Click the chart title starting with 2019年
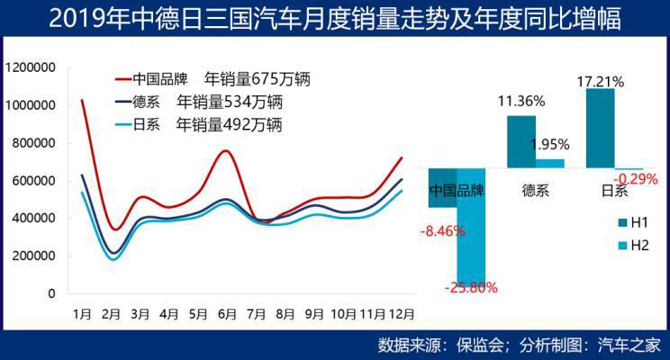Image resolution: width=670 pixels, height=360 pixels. [335, 18]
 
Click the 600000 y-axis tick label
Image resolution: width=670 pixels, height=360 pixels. [34, 181]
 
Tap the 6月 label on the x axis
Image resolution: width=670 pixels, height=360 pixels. [227, 314]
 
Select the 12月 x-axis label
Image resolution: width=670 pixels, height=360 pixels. [401, 314]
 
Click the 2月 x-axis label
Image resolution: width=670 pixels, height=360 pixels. [112, 314]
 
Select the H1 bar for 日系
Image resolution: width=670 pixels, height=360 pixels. [601, 128]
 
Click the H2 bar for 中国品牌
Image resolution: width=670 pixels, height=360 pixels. [471, 227]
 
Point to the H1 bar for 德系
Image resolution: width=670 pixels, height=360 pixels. [521, 141]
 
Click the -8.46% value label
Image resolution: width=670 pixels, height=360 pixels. [441, 231]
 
